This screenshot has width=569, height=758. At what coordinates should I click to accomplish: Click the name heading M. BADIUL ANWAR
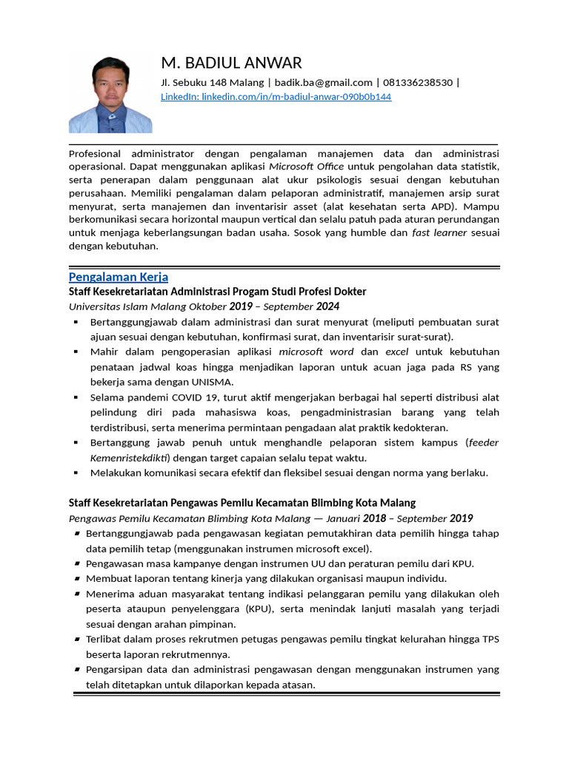pos(231,63)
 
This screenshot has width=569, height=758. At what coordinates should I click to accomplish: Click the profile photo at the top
pos(110,95)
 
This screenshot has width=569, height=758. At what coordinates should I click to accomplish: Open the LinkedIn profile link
pos(276,97)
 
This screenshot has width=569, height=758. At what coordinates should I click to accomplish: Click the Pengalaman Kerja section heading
pos(119,277)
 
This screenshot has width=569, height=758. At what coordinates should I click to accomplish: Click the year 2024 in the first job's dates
pos(329,306)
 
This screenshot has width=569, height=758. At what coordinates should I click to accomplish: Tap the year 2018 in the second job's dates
pos(375,518)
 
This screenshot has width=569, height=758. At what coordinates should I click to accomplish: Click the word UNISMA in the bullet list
pos(212,382)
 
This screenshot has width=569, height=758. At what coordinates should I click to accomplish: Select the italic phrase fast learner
pos(439,233)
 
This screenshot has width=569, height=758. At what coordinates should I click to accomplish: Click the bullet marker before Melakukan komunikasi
pos(76,473)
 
